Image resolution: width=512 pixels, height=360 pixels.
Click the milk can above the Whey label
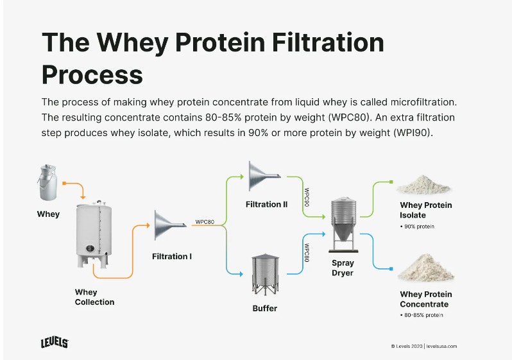click(x=47, y=182)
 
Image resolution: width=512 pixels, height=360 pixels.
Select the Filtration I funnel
click(x=170, y=225)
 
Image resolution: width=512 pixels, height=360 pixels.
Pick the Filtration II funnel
click(x=264, y=176)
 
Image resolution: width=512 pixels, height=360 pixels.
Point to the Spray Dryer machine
click(x=343, y=225)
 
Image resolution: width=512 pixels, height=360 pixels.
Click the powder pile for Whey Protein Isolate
click(x=423, y=185)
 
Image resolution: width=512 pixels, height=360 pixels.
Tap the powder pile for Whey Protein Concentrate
click(x=425, y=268)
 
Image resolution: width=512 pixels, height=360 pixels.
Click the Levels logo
click(x=55, y=343)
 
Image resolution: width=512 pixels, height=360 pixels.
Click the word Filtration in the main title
click(x=328, y=42)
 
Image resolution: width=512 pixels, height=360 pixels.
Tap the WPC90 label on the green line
click(x=307, y=197)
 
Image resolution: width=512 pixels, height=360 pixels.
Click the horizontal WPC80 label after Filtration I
click(x=205, y=222)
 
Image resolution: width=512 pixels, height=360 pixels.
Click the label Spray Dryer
click(x=343, y=268)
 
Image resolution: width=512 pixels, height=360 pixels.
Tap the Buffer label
click(x=265, y=309)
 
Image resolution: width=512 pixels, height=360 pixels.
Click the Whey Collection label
click(x=94, y=297)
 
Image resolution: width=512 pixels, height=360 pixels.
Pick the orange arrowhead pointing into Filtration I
click(x=148, y=225)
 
